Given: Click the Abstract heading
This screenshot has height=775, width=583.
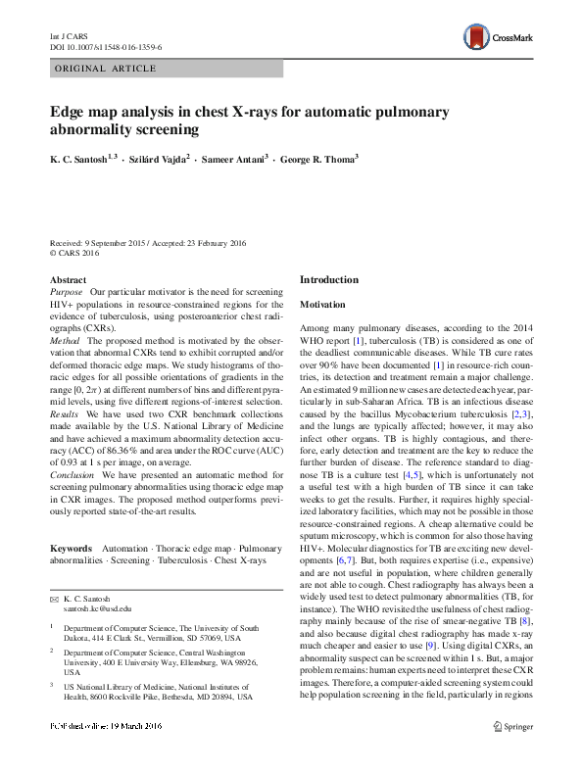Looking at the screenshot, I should point(68,279).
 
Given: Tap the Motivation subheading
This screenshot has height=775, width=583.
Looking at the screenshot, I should point(324,305).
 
